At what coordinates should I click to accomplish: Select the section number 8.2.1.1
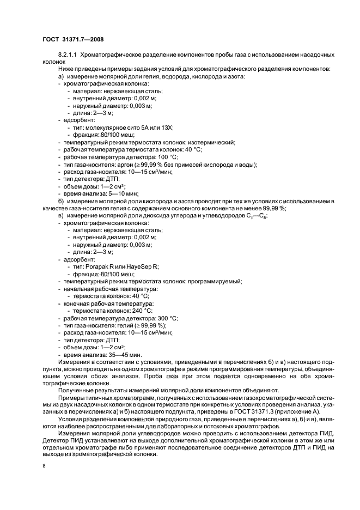click(70, 56)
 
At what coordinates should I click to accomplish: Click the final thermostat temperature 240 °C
click(141, 310)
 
